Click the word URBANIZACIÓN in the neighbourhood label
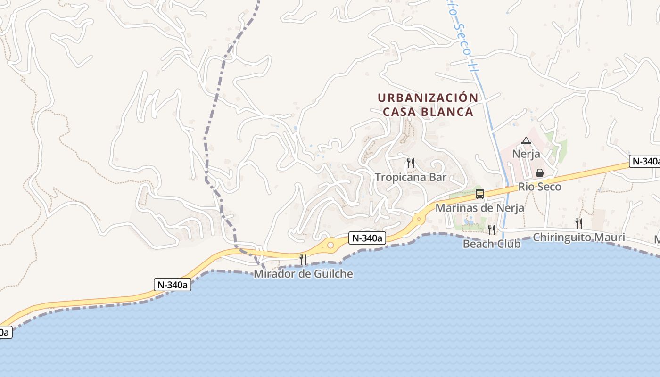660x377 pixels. (428, 98)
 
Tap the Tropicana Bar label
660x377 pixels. (410, 177)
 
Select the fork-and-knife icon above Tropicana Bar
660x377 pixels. (411, 163)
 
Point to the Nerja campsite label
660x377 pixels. (526, 154)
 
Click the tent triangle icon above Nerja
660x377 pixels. (526, 140)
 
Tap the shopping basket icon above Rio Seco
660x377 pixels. (540, 173)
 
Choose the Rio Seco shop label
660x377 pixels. (540, 187)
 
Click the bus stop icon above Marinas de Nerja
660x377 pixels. (480, 194)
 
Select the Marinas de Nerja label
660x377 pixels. (479, 208)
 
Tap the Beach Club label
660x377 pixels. (492, 244)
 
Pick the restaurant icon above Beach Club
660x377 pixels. (492, 229)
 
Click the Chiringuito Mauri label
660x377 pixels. (578, 237)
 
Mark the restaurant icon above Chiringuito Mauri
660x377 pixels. (578, 223)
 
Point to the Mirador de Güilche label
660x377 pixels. (303, 274)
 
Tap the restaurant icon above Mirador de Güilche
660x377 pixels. (303, 259)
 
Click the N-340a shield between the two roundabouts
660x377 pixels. (367, 238)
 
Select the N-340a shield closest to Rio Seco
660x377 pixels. (644, 161)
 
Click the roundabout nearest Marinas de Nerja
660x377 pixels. (418, 219)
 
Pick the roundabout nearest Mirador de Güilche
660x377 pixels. (330, 245)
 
